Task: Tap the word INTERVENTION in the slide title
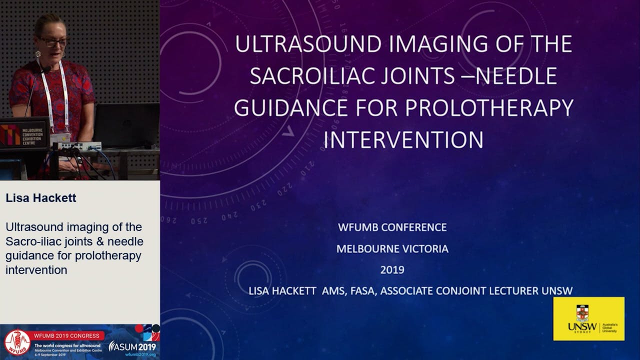coord(403,139)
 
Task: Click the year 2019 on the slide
coord(392,270)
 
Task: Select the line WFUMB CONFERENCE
coord(392,227)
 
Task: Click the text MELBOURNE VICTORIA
coord(392,249)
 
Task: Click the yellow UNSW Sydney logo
coord(588,318)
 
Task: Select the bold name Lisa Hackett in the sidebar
coord(41,198)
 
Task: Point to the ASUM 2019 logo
coord(132,346)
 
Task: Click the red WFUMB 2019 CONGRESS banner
coord(67,335)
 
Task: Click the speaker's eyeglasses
coord(54,42)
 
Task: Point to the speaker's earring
coord(37,54)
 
